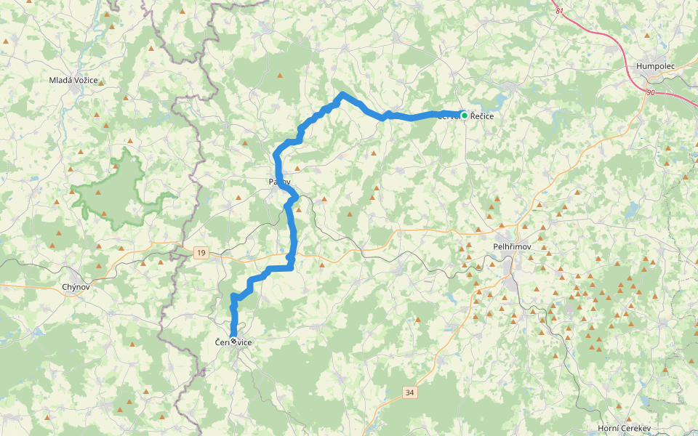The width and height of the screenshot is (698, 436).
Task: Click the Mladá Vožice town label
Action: (73, 80)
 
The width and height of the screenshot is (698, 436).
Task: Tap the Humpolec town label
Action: (656, 66)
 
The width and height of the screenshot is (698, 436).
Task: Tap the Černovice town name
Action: (233, 342)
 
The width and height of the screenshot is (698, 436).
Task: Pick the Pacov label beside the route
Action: (280, 182)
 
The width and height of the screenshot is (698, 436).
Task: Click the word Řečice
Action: (482, 116)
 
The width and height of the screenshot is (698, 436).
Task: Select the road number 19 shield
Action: (201, 253)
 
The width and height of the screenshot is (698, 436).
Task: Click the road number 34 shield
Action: (410, 392)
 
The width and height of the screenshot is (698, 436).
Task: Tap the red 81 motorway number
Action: (559, 11)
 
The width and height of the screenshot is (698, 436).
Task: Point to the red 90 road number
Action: (650, 92)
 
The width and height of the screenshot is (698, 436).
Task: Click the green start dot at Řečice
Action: (464, 115)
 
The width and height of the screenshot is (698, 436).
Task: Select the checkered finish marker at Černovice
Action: (233, 339)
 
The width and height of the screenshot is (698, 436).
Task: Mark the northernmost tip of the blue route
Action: (342, 94)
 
